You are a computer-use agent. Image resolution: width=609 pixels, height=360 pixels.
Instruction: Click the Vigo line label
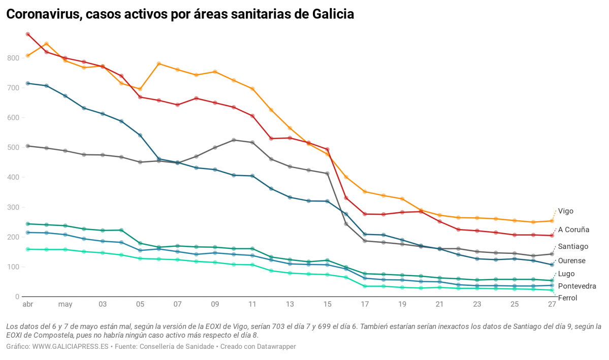(566, 211)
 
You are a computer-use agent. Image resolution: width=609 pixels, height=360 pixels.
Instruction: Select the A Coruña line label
(573, 230)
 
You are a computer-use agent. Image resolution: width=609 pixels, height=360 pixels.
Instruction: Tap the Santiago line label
(573, 246)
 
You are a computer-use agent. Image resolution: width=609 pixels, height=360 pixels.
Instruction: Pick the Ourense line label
(571, 260)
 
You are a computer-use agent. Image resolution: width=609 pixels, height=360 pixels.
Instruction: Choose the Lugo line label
(566, 274)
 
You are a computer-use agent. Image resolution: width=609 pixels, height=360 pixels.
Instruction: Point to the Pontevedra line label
(576, 286)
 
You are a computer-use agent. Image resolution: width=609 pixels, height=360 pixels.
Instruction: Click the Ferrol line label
(567, 298)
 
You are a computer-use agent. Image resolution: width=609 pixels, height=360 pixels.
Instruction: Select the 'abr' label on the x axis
(27, 305)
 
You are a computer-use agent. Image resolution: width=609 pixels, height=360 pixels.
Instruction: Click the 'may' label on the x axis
(65, 305)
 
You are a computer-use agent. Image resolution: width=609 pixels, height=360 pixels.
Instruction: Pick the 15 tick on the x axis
(327, 305)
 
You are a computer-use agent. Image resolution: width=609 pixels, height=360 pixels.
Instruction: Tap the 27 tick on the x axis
(552, 305)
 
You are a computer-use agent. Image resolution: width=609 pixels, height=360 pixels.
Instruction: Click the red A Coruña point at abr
(27, 35)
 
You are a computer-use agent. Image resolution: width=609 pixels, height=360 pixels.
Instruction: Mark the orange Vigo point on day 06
(159, 63)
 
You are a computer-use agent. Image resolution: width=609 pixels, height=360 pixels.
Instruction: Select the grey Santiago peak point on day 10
(234, 140)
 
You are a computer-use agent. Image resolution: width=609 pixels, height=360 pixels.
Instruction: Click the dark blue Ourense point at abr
(27, 83)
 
